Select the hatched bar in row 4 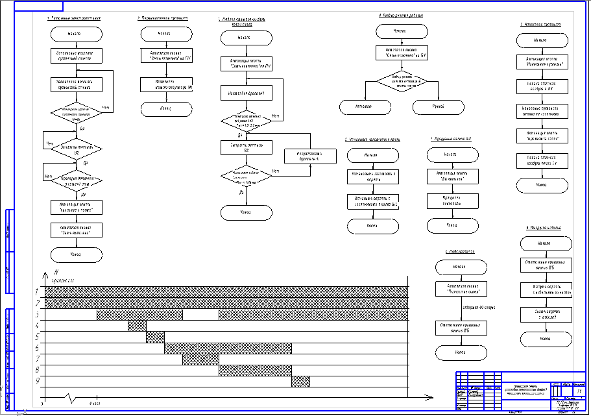(x=137, y=326)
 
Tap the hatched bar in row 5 (x=155, y=337)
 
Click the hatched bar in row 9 (x=300, y=382)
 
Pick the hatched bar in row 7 (x=200, y=360)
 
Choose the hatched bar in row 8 (x=255, y=371)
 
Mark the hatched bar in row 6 (x=228, y=349)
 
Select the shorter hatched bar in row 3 (x=139, y=315)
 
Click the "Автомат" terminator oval (x=365, y=107)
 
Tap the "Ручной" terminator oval (x=439, y=107)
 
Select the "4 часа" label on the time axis (x=95, y=403)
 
